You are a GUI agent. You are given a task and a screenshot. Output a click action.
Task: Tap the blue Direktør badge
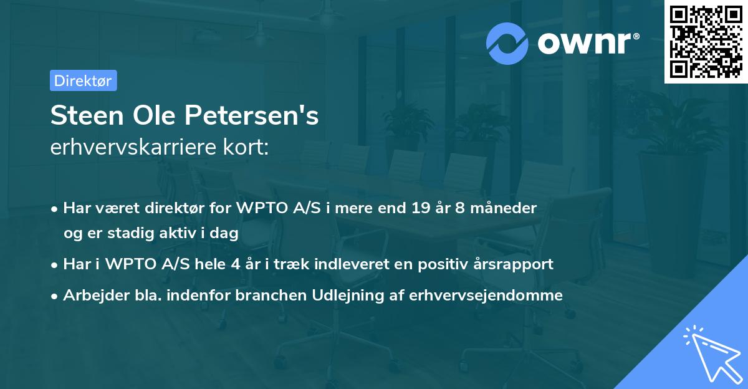(x=83, y=80)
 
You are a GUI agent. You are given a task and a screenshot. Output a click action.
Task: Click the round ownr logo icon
(x=507, y=43)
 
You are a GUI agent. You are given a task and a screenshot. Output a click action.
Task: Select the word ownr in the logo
(x=584, y=44)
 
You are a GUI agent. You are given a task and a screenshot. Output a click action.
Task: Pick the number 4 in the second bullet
(x=235, y=264)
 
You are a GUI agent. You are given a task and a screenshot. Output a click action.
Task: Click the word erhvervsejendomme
(x=486, y=295)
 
